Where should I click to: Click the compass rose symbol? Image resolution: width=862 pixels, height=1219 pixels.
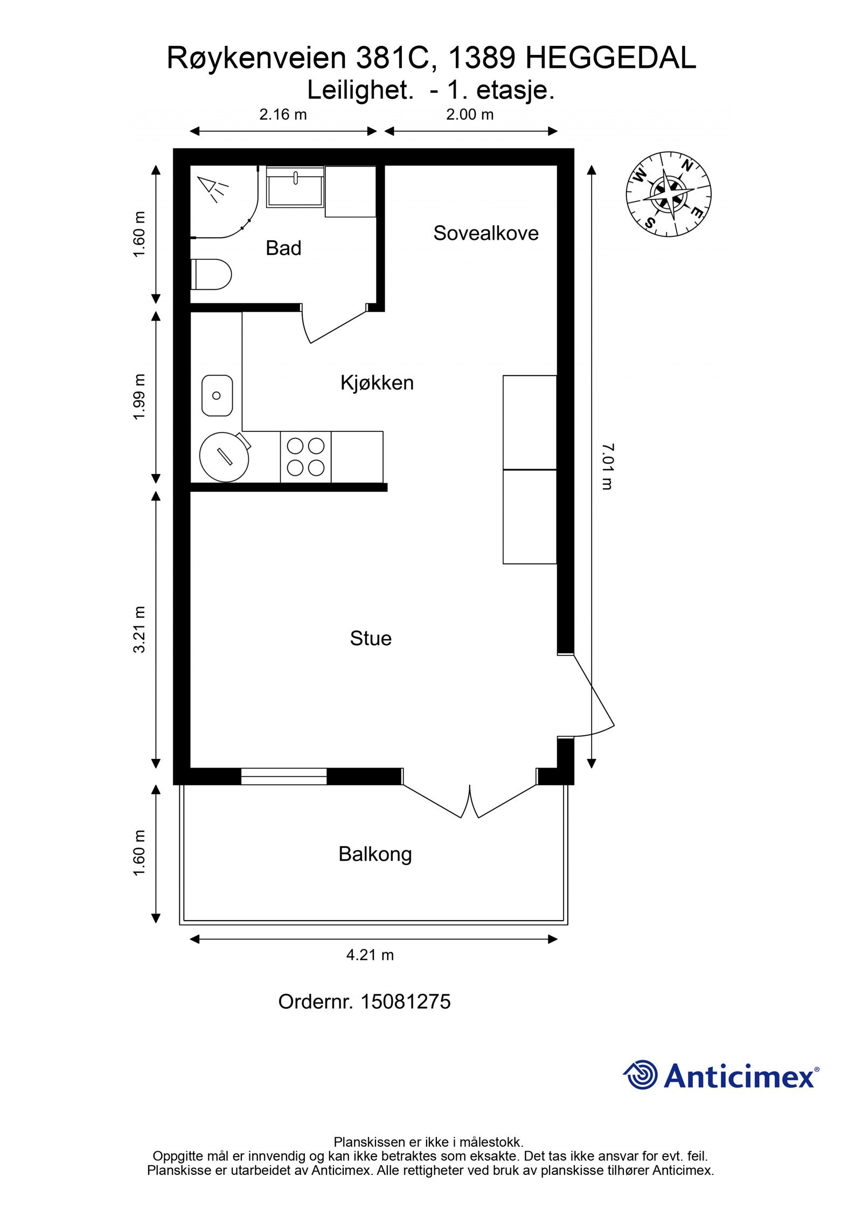point(668,194)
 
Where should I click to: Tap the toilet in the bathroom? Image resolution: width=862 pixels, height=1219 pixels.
point(211,274)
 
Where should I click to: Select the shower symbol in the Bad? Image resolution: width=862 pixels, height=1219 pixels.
point(214,189)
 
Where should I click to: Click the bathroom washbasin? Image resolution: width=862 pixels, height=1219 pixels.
point(295,186)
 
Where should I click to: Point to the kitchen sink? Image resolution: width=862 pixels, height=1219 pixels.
point(217,395)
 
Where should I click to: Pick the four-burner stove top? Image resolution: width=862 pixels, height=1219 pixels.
point(305,457)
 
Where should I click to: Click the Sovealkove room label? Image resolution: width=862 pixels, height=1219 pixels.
point(486,233)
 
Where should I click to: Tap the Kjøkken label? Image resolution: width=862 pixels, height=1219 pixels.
point(377,383)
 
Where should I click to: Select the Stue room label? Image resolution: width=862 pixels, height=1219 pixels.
point(371,638)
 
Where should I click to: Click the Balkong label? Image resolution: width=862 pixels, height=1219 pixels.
point(375,854)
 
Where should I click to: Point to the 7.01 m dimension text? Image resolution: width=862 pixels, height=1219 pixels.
point(607,466)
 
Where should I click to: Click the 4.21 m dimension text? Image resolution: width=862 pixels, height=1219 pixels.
point(370,956)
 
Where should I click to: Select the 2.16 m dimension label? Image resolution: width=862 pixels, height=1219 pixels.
point(283,114)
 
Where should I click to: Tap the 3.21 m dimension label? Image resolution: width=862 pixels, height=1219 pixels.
point(140,630)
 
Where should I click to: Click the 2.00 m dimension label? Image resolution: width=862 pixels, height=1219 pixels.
point(470,114)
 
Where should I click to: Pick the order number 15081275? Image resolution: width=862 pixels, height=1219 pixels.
point(405,1002)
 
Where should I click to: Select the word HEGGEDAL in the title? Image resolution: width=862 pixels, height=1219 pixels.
point(610,58)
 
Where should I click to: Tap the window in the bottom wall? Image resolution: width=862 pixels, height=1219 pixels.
point(283,776)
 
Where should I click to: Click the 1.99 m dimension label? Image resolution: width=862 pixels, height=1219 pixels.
point(140,397)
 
